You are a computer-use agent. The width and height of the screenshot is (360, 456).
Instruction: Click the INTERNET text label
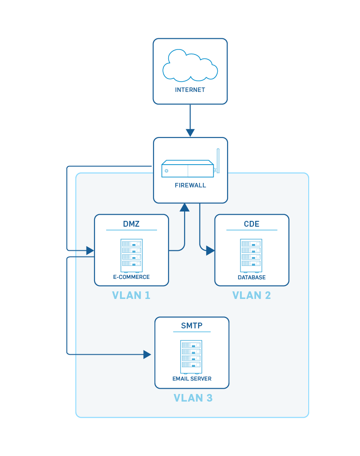click(x=190, y=90)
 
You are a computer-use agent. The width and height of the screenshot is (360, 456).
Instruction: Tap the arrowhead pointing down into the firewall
click(x=190, y=133)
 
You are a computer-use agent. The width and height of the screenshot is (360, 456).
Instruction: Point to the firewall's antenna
click(x=218, y=161)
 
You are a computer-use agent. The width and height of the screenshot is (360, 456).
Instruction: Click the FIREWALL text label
click(x=190, y=185)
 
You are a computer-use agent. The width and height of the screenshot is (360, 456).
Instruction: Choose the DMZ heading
click(x=131, y=224)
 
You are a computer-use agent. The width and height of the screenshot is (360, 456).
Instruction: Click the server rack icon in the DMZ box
click(x=131, y=255)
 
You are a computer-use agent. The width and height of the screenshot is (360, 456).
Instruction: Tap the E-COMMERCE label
click(x=131, y=277)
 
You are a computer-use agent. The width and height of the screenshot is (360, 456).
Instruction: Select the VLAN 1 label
click(x=131, y=295)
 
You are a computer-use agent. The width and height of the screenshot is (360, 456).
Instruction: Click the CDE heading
click(x=252, y=224)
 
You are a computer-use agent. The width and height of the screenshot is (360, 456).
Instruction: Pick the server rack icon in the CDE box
click(x=252, y=255)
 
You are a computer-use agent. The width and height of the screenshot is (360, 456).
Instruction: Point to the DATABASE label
click(x=252, y=277)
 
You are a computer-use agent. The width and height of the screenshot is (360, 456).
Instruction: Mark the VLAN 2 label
click(x=252, y=295)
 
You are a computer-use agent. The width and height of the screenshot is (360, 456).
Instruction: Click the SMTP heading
click(x=192, y=326)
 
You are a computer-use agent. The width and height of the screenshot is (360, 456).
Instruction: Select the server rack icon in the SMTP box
click(x=191, y=357)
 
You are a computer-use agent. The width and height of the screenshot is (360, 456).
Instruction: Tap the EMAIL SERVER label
click(x=192, y=379)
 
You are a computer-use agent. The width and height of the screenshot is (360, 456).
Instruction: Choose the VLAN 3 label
click(x=193, y=398)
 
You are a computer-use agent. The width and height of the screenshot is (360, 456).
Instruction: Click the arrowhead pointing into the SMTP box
click(x=147, y=354)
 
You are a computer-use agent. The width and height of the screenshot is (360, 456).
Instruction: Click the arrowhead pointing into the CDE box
click(x=210, y=251)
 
